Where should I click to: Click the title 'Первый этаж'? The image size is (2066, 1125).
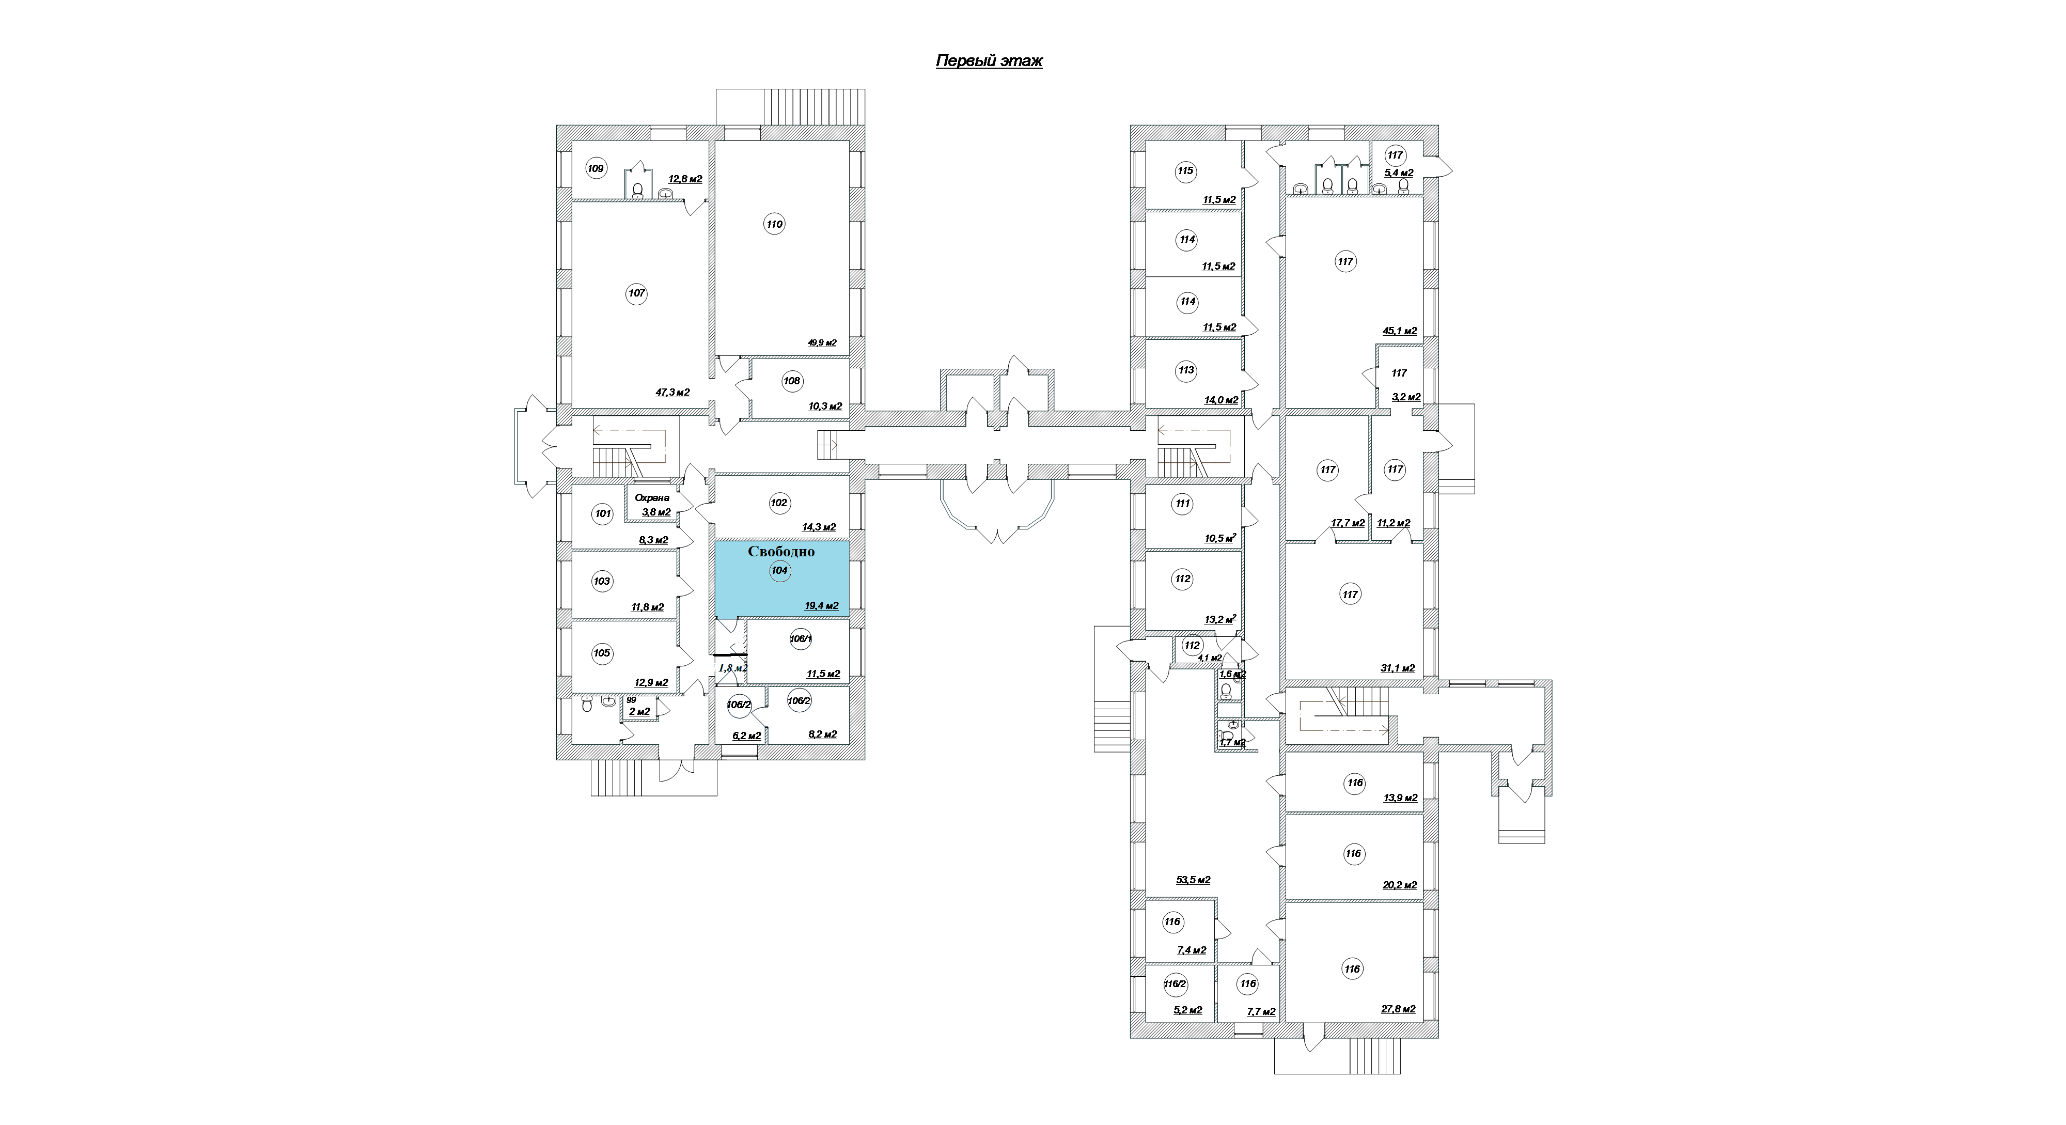tap(989, 61)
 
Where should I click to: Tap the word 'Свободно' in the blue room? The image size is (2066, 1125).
tap(781, 552)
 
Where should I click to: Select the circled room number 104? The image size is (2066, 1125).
tap(779, 571)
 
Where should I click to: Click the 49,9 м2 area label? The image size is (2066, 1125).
tap(822, 343)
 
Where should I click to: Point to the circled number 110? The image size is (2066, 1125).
tap(774, 225)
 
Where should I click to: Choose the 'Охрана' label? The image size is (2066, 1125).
tap(652, 498)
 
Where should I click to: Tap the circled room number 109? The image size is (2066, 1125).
tap(595, 168)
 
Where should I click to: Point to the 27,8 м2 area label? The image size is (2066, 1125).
tap(1398, 1009)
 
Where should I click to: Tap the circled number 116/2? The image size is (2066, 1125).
tap(1176, 984)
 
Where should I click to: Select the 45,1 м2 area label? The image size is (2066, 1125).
tap(1400, 331)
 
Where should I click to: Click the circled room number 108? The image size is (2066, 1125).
tap(792, 381)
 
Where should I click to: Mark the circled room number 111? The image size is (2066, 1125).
tap(1182, 504)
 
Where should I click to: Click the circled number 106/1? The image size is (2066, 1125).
tap(801, 639)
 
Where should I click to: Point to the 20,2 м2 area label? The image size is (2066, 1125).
tap(1400, 886)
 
